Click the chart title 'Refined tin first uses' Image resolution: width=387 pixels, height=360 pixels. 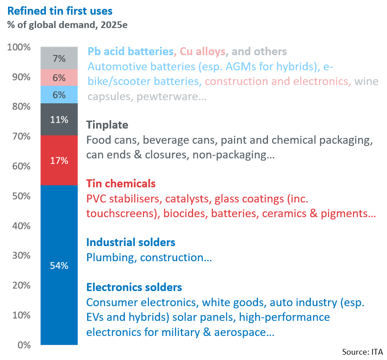tap(60, 11)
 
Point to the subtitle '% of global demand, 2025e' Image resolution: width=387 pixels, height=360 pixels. tap(67, 25)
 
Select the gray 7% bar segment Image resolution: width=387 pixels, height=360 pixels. tap(59, 58)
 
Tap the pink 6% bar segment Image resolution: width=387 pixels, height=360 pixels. tap(59, 78)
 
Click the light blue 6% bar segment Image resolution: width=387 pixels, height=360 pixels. tap(59, 95)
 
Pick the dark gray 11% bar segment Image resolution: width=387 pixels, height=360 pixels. tap(59, 119)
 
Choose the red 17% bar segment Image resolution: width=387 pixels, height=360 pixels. tap(59, 160)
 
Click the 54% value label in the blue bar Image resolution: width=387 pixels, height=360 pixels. tap(59, 266)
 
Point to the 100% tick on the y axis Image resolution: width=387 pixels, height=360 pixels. tap(19, 47)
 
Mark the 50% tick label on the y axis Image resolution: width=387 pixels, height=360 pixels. tap(21, 196)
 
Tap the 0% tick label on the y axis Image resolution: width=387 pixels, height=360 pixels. tap(24, 345)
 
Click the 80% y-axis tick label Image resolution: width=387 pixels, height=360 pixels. tap(21, 106)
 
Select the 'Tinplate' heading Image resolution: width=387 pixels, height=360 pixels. tap(107, 125)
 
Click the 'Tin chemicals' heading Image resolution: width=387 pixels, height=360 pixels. tap(121, 184)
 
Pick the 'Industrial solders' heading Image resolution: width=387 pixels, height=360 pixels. tap(131, 243)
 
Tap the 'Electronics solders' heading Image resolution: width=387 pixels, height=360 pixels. tap(134, 287)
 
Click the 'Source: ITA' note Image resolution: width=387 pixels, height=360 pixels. tap(363, 352)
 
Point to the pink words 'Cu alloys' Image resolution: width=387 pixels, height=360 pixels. tap(203, 52)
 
